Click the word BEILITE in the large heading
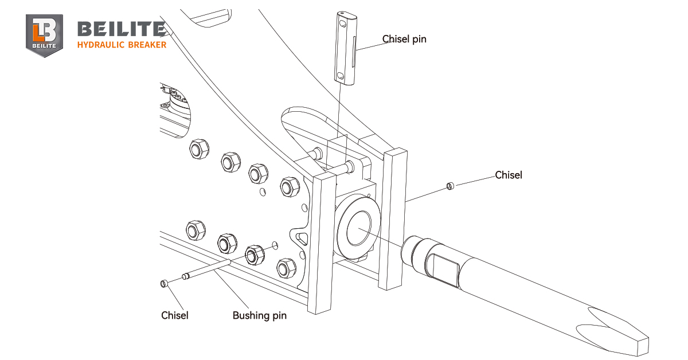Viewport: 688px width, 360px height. point(121,29)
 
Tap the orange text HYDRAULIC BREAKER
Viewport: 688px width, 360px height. point(122,45)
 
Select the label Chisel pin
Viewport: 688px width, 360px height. point(404,39)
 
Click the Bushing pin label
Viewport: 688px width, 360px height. point(259,315)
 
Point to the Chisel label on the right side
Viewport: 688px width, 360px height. point(509,175)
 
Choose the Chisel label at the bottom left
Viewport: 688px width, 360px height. point(174,315)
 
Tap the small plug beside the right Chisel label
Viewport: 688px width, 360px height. point(450,185)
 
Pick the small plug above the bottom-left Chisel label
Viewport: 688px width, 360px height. point(163,283)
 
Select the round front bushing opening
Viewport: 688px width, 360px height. point(358,225)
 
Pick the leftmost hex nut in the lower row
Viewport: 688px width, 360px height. point(196,229)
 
